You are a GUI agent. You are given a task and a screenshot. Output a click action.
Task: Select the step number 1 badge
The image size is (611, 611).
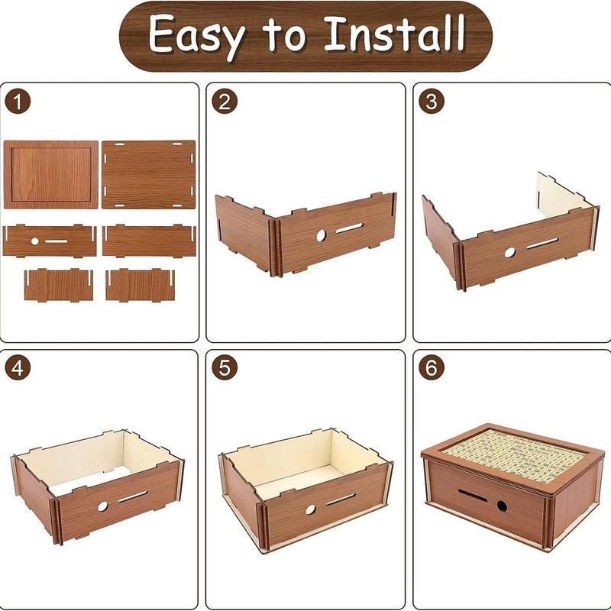tap(18, 102)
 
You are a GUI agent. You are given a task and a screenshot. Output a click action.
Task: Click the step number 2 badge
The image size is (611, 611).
tap(225, 102)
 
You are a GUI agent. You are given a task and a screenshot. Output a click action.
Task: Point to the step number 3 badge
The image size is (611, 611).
tap(432, 102)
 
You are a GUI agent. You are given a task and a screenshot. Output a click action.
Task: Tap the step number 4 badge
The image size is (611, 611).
tap(18, 367)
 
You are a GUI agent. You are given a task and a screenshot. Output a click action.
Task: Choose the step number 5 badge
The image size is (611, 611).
tap(225, 367)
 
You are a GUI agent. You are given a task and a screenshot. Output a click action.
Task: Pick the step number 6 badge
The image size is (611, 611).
tap(432, 367)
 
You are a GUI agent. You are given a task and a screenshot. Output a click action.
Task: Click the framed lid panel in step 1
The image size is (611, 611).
tap(50, 175)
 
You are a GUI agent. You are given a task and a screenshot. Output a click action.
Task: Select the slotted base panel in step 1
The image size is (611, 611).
tap(148, 175)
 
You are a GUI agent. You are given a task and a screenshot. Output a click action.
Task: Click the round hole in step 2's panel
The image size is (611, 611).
tap(321, 235)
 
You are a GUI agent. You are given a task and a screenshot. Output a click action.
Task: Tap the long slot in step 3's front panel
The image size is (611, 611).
tap(542, 244)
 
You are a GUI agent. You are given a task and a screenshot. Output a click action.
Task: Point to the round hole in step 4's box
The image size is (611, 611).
tap(102, 506)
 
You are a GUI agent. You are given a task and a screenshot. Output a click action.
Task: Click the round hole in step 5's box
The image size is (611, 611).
tap(311, 509)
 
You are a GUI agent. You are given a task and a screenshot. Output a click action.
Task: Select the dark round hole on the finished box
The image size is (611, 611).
tap(502, 506)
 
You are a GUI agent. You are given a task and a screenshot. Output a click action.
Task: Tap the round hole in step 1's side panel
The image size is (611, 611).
tap(34, 241)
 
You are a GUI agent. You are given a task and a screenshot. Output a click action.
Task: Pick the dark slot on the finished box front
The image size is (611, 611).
tap(473, 495)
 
